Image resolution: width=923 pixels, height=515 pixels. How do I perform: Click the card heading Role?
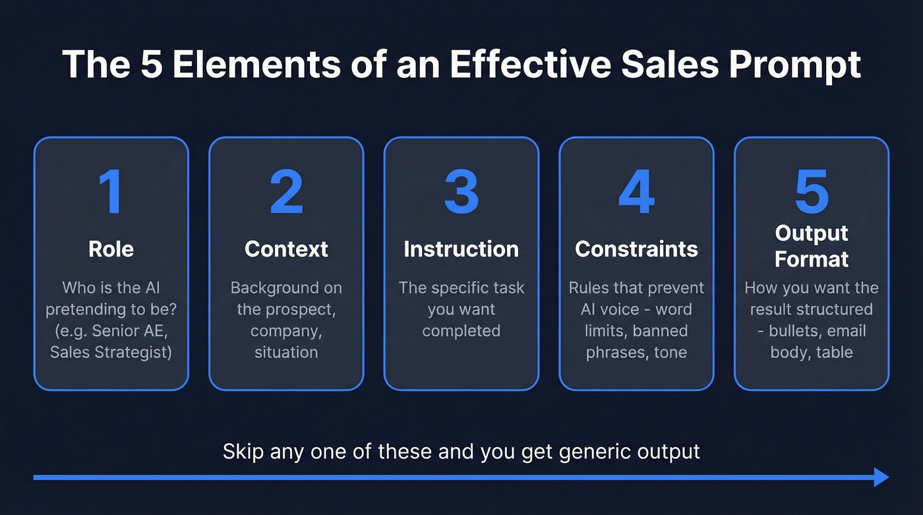point(111,249)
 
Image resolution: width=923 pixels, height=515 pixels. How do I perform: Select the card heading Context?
point(286,249)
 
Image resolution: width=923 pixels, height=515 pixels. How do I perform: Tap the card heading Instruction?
point(461,249)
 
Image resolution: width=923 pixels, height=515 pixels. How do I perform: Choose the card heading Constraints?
point(636,249)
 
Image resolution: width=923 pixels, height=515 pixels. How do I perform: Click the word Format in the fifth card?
point(812,258)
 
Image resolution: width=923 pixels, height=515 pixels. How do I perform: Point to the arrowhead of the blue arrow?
point(881,477)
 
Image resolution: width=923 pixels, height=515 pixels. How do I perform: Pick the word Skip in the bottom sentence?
point(243,452)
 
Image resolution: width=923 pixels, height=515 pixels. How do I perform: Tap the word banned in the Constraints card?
point(660,331)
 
